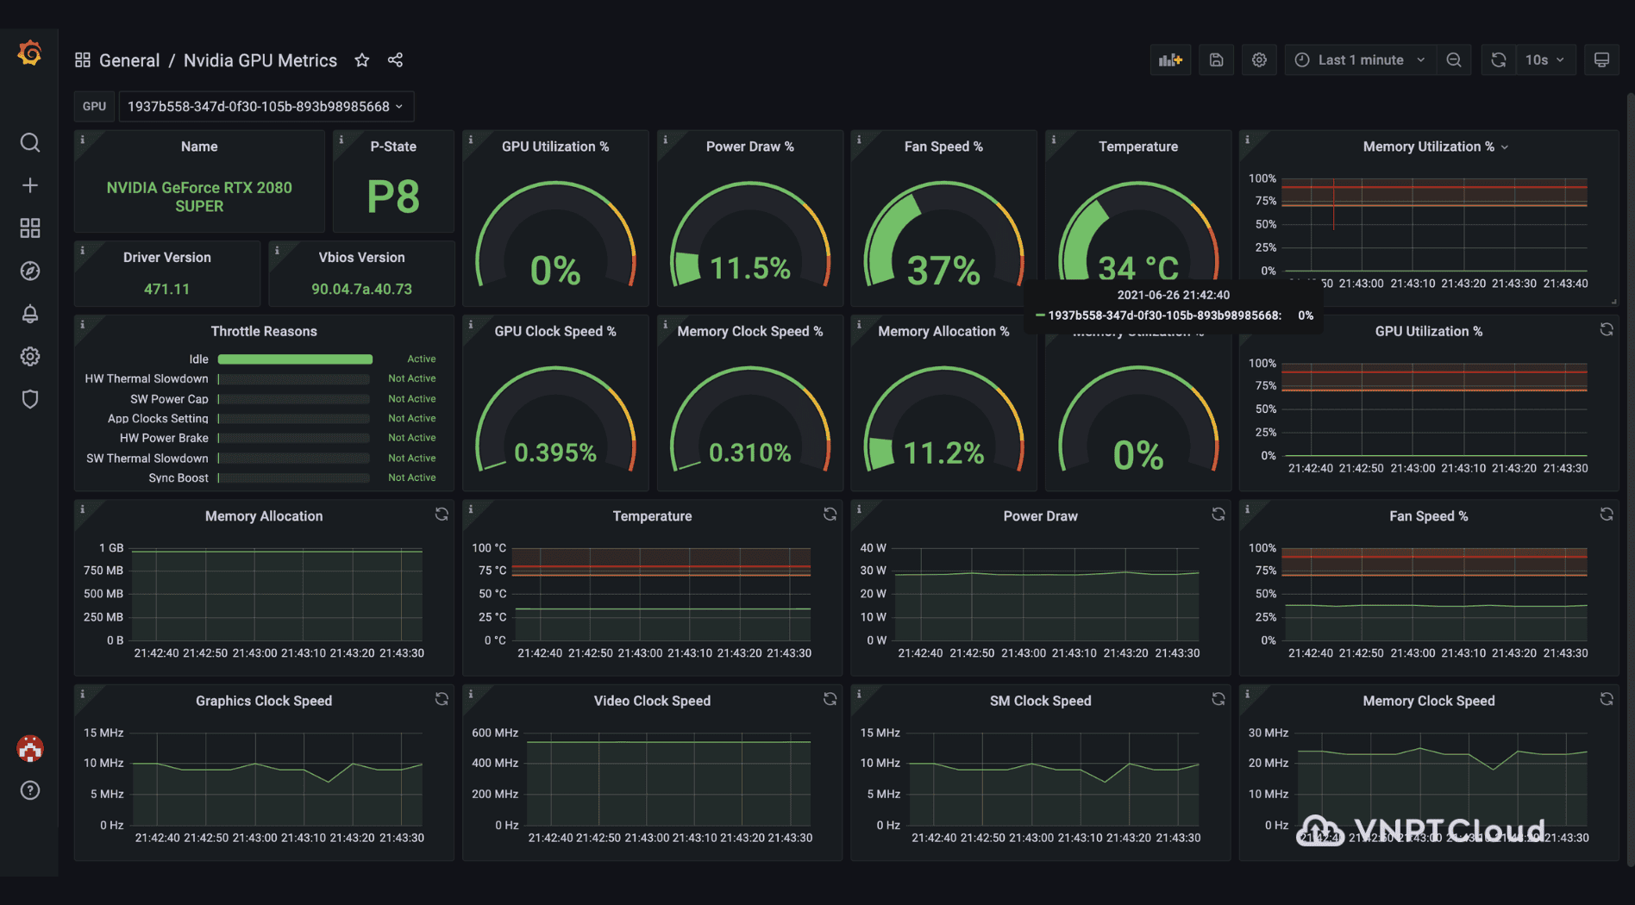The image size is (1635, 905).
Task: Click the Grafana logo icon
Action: click(x=29, y=53)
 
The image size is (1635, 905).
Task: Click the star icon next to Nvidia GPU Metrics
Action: click(x=362, y=60)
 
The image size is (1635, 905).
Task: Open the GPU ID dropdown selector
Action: click(x=266, y=106)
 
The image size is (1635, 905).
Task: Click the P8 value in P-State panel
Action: click(x=393, y=197)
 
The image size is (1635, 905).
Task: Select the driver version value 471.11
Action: click(x=166, y=289)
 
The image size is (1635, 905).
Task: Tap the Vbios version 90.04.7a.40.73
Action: click(x=361, y=289)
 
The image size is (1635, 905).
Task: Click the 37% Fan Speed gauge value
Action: click(x=943, y=271)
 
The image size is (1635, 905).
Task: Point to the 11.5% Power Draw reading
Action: click(x=749, y=269)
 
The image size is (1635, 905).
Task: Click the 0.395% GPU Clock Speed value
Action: click(x=555, y=452)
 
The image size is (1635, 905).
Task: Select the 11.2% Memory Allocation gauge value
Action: click(x=943, y=452)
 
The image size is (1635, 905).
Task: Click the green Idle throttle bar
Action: click(x=295, y=359)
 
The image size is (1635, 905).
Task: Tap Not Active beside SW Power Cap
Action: click(x=411, y=399)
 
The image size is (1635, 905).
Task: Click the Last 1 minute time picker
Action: click(x=1361, y=60)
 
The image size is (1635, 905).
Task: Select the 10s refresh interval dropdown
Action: click(x=1544, y=60)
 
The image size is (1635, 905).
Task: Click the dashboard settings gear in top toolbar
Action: click(x=1259, y=60)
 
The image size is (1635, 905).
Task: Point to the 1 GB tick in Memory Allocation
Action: click(x=111, y=548)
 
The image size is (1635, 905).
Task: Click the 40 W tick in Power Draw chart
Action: click(x=873, y=548)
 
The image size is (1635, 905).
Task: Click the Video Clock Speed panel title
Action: click(x=652, y=701)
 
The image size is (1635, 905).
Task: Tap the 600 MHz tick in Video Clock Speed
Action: click(x=495, y=733)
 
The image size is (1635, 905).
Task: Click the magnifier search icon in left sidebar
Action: click(x=30, y=142)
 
